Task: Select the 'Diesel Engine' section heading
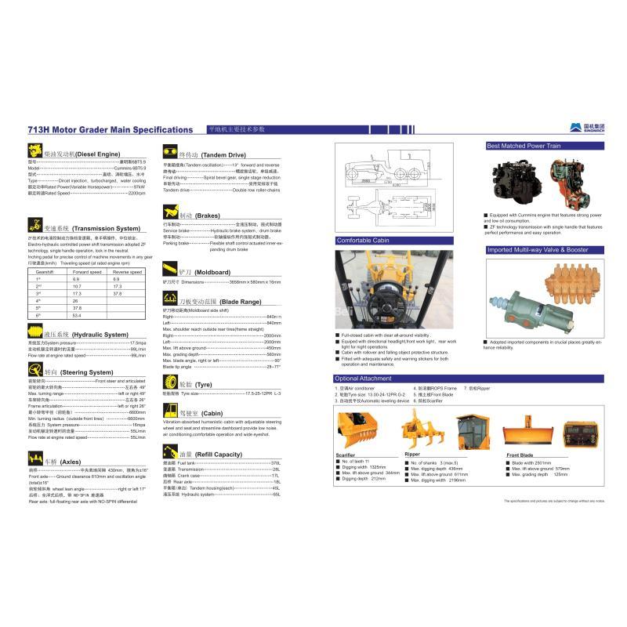(82, 155)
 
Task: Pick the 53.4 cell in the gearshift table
(76, 314)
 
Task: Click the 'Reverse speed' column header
(127, 271)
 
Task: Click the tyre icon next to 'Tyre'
(171, 383)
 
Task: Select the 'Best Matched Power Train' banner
(524, 146)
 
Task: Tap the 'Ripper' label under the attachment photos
(412, 454)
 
